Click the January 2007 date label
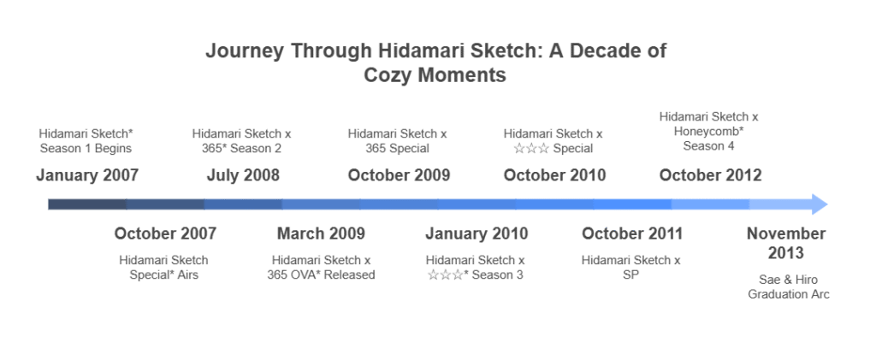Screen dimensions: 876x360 (87, 175)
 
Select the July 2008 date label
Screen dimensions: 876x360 (243, 175)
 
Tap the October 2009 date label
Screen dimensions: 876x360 (399, 175)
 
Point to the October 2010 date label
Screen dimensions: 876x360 (554, 175)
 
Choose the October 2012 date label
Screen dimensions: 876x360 (710, 175)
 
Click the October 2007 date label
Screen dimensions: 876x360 (165, 233)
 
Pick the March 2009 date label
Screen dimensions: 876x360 (322, 233)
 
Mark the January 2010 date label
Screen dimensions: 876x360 (476, 233)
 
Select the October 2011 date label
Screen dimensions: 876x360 (632, 233)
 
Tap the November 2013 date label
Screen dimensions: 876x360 (786, 244)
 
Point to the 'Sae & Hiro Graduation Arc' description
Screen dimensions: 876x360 (788, 286)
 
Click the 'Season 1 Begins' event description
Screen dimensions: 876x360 (86, 149)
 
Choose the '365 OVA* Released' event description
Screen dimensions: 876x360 (322, 274)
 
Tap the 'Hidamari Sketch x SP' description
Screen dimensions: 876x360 (631, 268)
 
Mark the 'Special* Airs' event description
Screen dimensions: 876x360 (163, 274)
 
